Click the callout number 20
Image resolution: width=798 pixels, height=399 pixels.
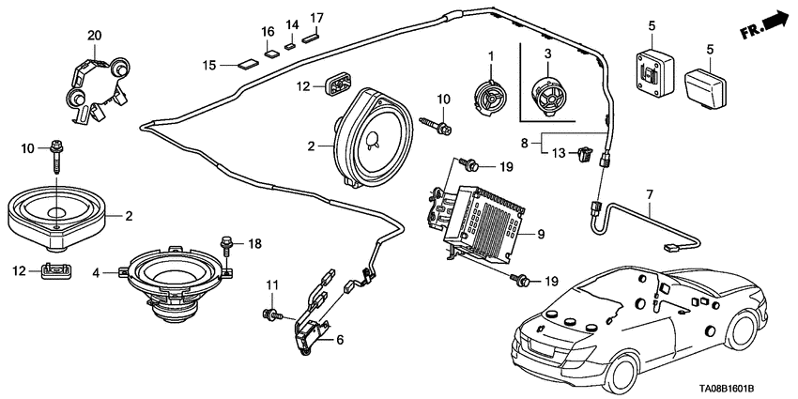click(93, 35)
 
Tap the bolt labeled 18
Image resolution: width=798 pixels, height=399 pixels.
click(227, 247)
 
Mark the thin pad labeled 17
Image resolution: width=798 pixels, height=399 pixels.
click(311, 37)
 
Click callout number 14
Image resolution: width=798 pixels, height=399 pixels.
click(291, 24)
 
